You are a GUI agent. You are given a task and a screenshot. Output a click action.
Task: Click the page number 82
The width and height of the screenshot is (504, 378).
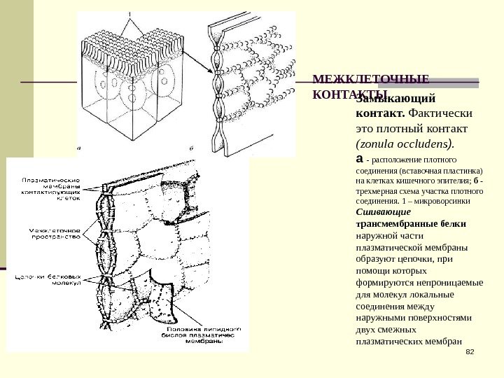(x=470, y=350)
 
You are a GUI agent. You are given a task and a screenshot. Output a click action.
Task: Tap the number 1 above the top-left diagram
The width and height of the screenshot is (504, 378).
(x=128, y=14)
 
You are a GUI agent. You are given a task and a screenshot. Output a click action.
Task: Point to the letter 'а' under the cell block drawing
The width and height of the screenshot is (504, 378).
(x=79, y=148)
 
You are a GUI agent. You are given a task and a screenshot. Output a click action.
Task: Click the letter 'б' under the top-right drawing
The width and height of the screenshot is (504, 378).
(x=191, y=148)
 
